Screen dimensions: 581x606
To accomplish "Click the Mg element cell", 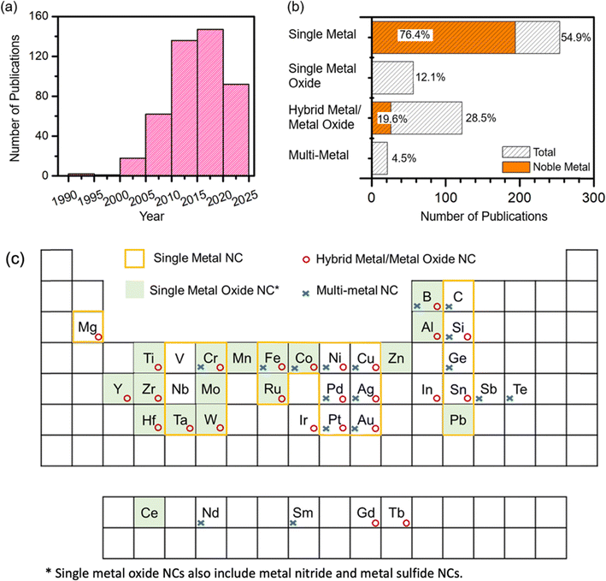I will pos(87,327).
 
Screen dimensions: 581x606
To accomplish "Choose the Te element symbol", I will pos(520,389).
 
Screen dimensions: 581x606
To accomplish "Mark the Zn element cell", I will pos(397,358).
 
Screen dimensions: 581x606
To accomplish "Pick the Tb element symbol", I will pos(397,513).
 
